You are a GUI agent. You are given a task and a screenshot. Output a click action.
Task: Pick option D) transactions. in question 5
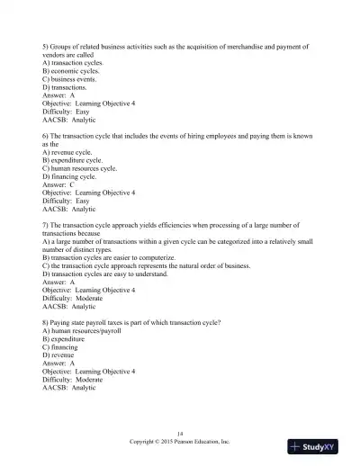67,87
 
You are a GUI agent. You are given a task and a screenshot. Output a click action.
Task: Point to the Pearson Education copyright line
180,442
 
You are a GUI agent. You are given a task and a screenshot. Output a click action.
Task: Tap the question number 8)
46,323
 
